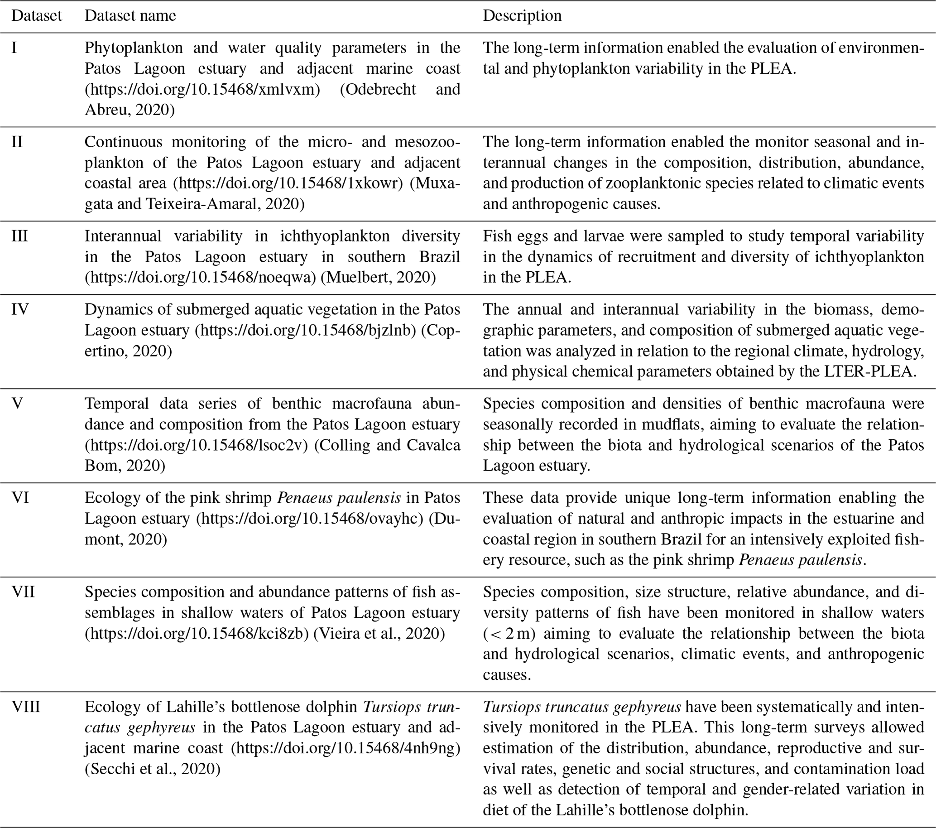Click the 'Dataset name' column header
tap(130, 16)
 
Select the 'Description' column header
tap(522, 16)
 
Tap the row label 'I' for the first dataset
tap(14, 48)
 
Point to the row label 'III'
tap(19, 236)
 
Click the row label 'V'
tap(17, 404)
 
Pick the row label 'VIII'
tap(26, 707)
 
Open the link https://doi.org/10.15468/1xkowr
tap(291, 183)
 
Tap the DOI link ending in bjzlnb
tap(306, 330)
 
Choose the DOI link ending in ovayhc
tap(310, 519)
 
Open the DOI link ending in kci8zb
tap(197, 633)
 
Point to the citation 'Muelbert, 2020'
tap(378, 278)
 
